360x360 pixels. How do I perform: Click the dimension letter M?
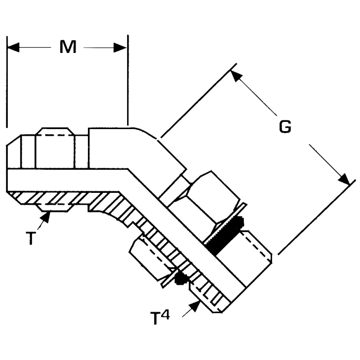[x=68, y=47]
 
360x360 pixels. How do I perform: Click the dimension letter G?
[x=285, y=127]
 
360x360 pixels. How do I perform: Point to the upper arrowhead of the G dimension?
[x=236, y=76]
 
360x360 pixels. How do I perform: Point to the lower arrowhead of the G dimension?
[x=343, y=178]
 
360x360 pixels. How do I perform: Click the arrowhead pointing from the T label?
[x=46, y=217]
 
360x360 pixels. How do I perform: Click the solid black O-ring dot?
[x=180, y=279]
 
